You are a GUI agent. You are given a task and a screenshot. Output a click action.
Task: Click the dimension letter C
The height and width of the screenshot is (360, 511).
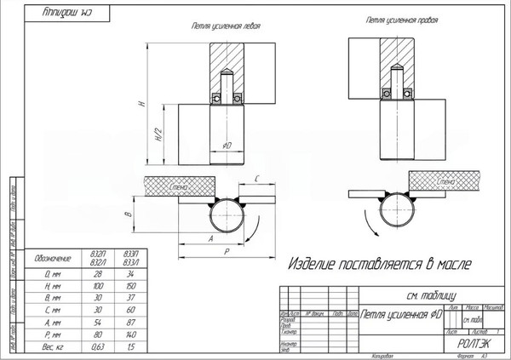(256, 178)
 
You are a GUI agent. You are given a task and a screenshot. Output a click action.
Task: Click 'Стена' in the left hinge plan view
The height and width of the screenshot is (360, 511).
(178, 185)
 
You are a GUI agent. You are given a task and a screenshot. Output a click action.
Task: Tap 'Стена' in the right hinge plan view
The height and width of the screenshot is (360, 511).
(445, 181)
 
